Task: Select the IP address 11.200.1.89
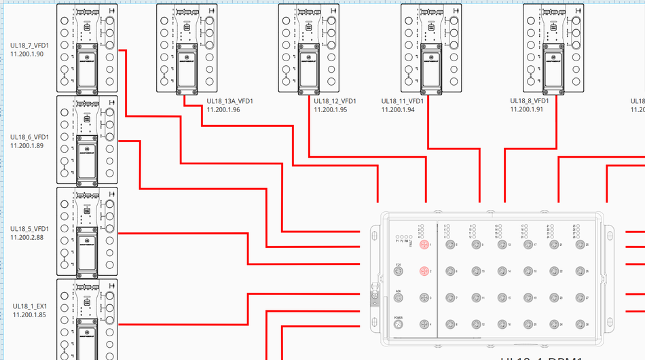[x=27, y=145]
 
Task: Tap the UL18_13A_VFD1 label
[x=230, y=101]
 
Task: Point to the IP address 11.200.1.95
[x=331, y=109]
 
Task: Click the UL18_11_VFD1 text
[x=403, y=101]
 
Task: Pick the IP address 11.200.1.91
[x=527, y=109]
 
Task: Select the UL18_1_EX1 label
[x=29, y=306]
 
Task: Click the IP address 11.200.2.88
[x=27, y=237]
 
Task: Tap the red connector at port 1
[x=424, y=245]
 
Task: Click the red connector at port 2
[x=424, y=271]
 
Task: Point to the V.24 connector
[x=399, y=271]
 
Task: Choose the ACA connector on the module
[x=399, y=298]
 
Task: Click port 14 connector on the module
[x=502, y=271]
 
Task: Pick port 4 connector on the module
[x=424, y=324]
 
